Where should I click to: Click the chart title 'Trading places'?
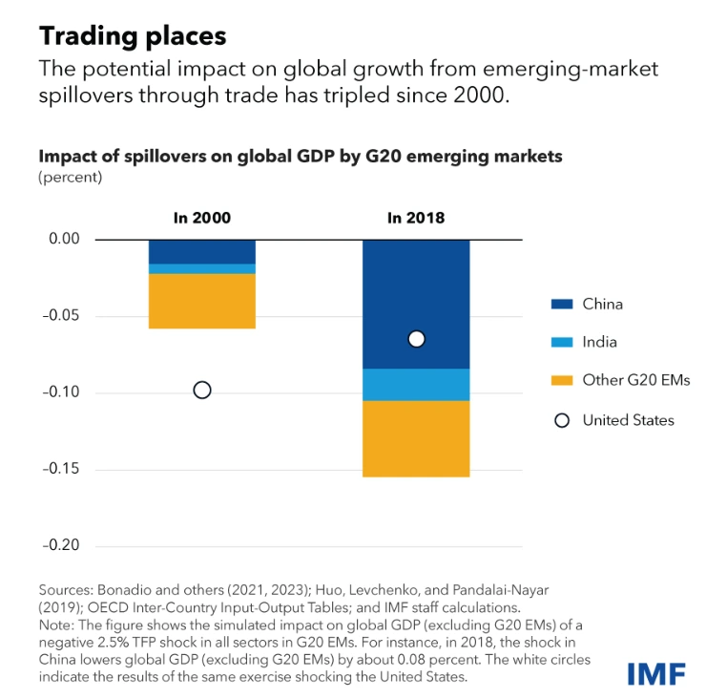pyautogui.click(x=133, y=36)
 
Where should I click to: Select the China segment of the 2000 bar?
pyautogui.click(x=201, y=251)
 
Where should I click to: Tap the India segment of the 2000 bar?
pyautogui.click(x=201, y=268)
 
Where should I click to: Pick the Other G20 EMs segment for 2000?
pyautogui.click(x=201, y=301)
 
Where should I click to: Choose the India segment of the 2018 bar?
pyautogui.click(x=416, y=384)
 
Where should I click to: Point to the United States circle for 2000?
pyautogui.click(x=201, y=390)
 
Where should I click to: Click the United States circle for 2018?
pyautogui.click(x=416, y=339)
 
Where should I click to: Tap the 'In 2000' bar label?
pyautogui.click(x=201, y=219)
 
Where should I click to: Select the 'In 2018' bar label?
pyautogui.click(x=416, y=219)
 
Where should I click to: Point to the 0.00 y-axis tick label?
pyautogui.click(x=64, y=239)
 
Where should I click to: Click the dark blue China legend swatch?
pyautogui.click(x=563, y=304)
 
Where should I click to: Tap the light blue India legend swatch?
pyautogui.click(x=563, y=342)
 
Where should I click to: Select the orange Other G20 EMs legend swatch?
pyautogui.click(x=563, y=380)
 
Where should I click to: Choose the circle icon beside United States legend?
pyautogui.click(x=563, y=420)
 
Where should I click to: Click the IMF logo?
pyautogui.click(x=657, y=674)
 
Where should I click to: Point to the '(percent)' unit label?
pyautogui.click(x=70, y=177)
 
